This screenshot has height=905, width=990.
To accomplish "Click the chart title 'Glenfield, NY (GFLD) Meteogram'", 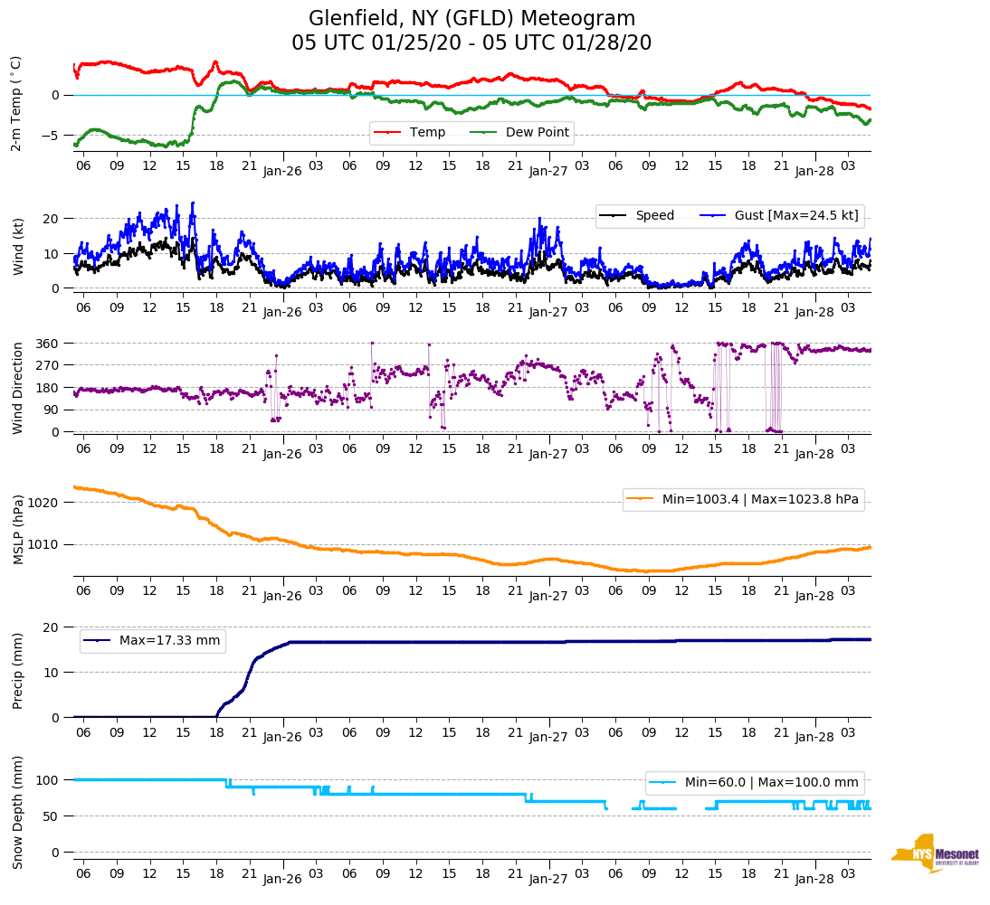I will (x=471, y=18).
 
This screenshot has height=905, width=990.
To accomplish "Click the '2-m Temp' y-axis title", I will (x=15, y=103).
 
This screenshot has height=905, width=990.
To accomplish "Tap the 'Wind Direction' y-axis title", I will (x=18, y=388).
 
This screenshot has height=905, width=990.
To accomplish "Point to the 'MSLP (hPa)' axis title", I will (x=18, y=529).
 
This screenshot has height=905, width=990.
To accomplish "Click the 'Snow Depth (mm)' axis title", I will (x=18, y=812).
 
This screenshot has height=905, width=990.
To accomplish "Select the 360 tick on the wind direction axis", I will (x=49, y=344).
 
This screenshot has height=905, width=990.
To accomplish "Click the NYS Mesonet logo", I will (x=935, y=853).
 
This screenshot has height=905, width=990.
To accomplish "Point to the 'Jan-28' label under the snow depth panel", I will (x=814, y=879).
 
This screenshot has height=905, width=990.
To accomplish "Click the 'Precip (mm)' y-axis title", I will (x=18, y=671).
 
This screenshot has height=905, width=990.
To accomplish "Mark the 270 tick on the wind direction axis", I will (x=49, y=365).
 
